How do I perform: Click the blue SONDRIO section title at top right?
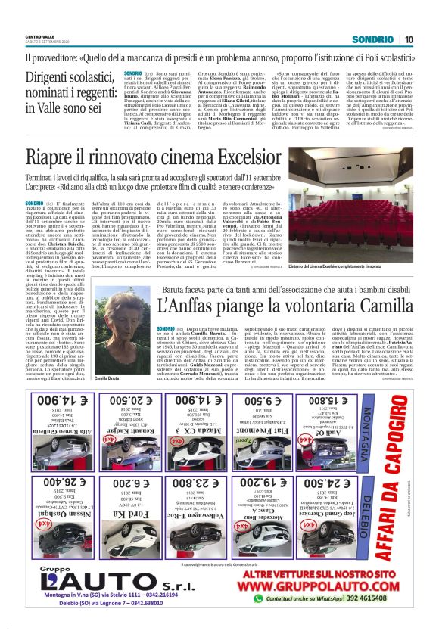pyautogui.click(x=377, y=39)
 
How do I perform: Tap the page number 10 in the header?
pyautogui.click(x=409, y=39)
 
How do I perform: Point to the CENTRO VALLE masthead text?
pyautogui.click(x=39, y=36)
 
